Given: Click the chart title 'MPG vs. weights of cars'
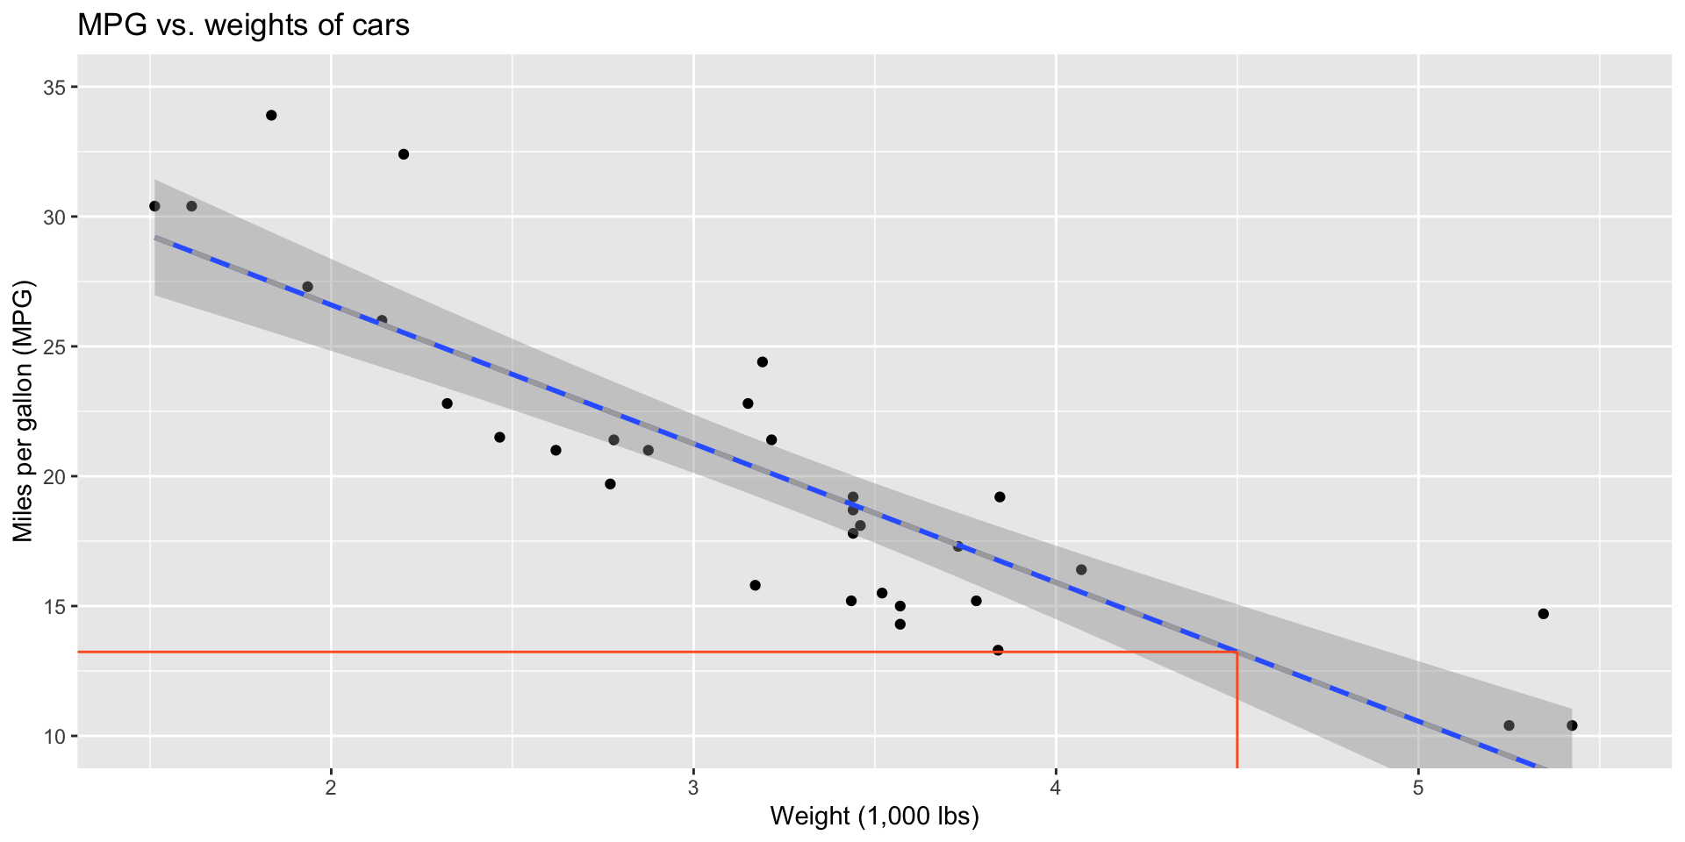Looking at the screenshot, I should point(243,25).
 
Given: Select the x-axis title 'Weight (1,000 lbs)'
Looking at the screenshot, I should point(874,817).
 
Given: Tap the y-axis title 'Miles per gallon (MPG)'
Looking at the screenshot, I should point(23,411).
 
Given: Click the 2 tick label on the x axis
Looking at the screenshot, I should point(331,786).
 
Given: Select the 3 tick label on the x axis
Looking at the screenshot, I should point(693,786).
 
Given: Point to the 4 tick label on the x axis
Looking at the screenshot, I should point(1056,786).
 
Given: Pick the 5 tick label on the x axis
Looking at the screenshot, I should point(1418,786).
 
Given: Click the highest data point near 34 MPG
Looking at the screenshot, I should point(271,115).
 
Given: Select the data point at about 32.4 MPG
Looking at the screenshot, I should point(404,154).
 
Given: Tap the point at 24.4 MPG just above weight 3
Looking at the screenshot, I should point(762,362).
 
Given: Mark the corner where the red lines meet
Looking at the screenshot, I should point(1237,652).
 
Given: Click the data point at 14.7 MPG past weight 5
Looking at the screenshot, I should point(1544,614).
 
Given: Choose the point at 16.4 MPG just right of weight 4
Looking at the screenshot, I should point(1081,570).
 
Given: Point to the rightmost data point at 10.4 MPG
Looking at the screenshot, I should point(1572,725).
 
